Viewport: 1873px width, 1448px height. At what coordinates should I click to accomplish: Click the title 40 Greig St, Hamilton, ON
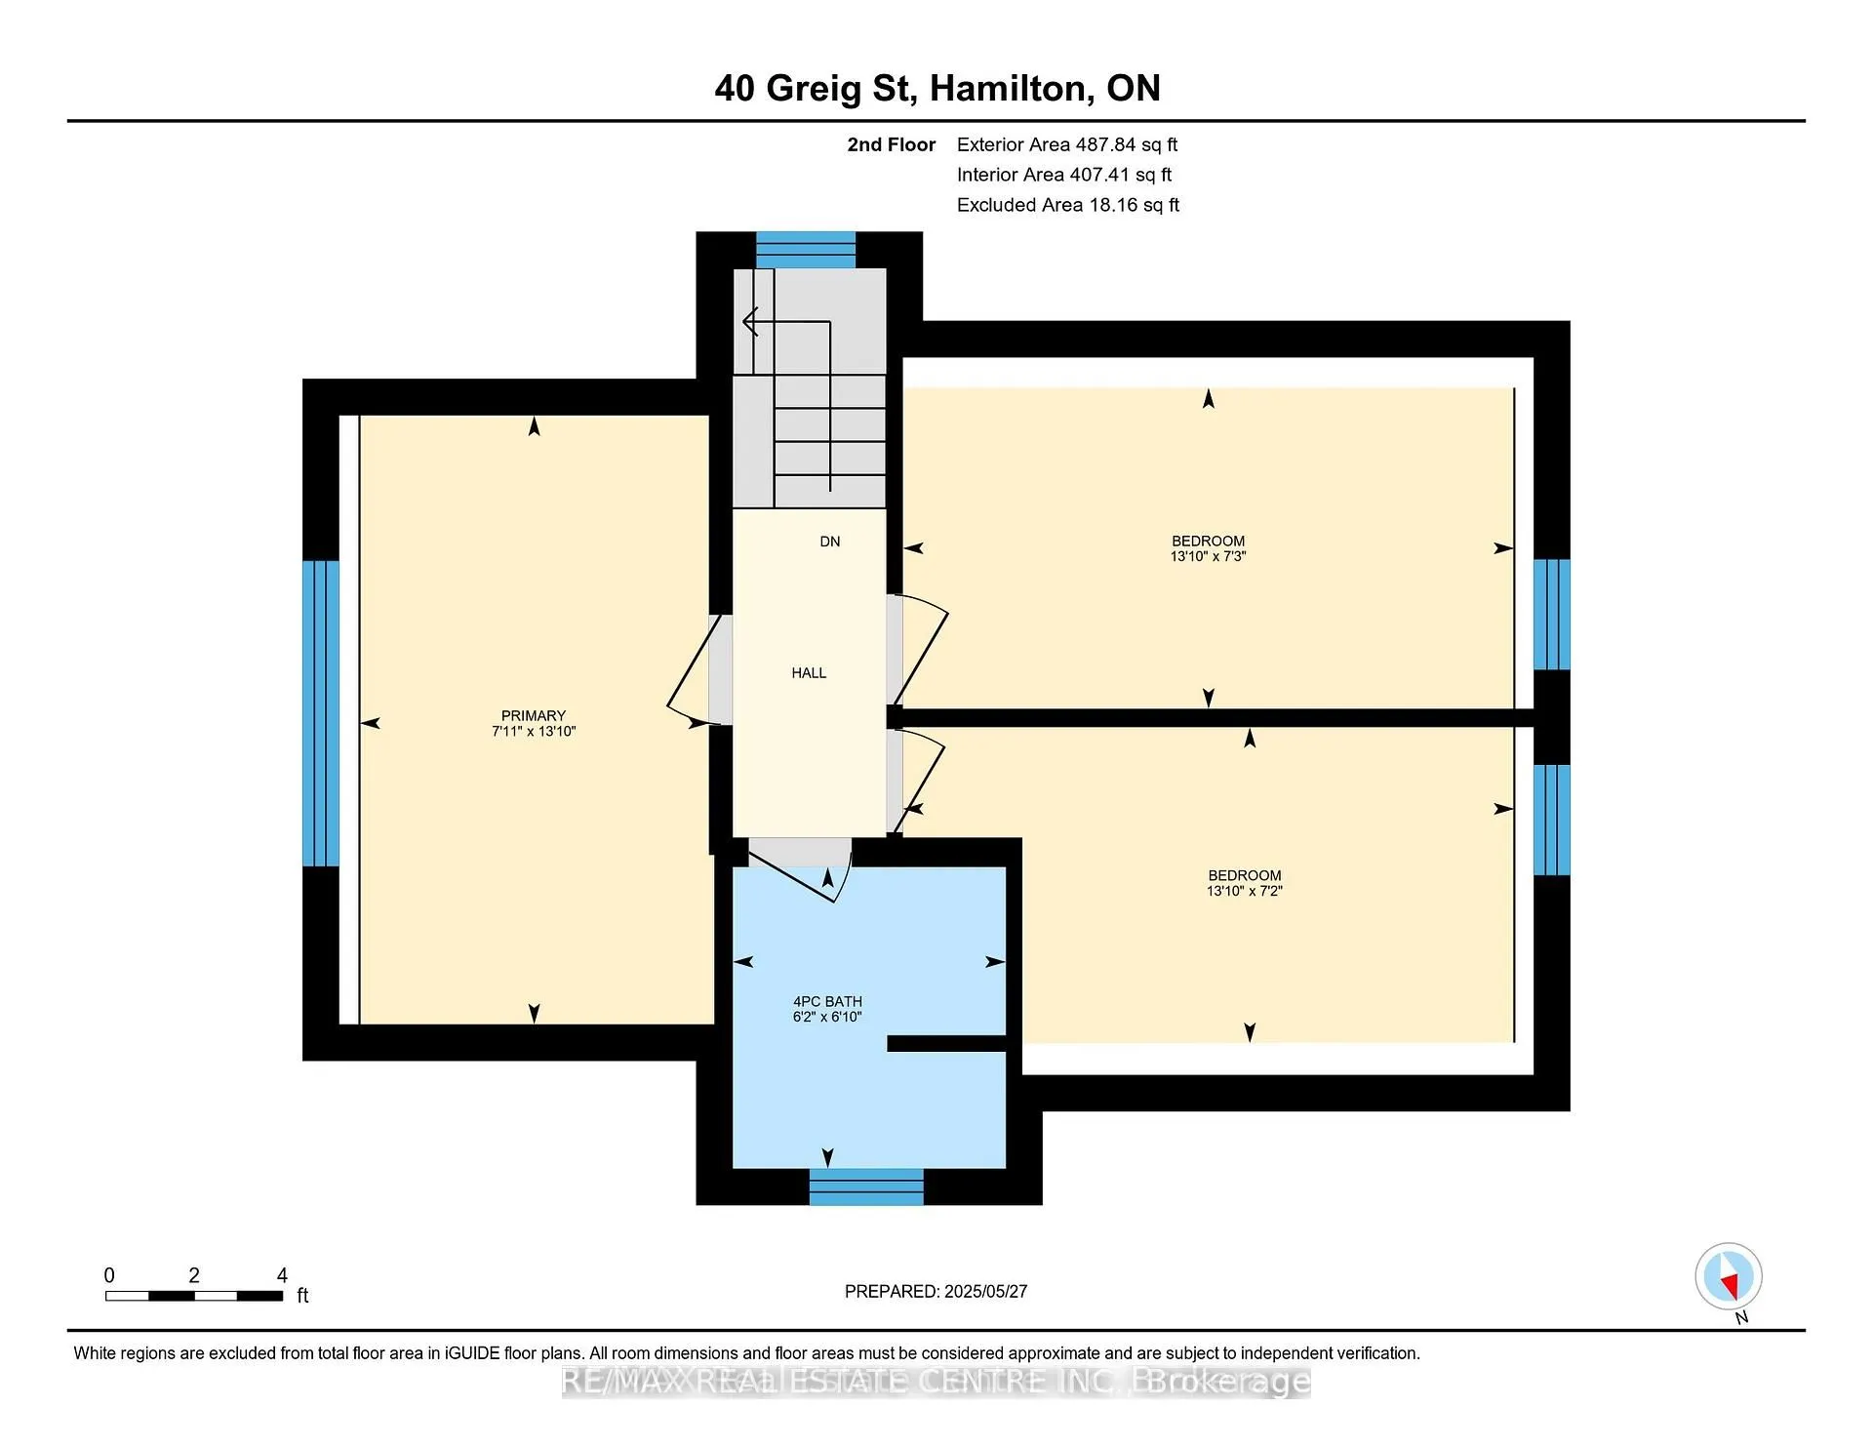(x=937, y=89)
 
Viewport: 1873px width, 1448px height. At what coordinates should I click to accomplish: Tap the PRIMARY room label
(x=534, y=715)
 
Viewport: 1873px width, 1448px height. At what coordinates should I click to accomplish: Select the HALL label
(x=809, y=673)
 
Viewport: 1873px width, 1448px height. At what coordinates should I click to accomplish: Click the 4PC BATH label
(x=827, y=1001)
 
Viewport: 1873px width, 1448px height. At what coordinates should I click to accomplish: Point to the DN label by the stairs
(x=830, y=542)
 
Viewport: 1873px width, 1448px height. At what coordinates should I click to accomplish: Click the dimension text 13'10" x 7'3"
(x=1209, y=556)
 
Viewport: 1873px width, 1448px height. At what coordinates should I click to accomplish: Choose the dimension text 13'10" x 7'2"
(x=1245, y=891)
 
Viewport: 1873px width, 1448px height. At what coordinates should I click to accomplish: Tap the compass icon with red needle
(x=1729, y=1276)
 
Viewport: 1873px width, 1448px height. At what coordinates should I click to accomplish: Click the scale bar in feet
(x=195, y=1296)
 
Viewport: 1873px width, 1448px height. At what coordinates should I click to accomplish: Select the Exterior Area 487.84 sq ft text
(x=1067, y=144)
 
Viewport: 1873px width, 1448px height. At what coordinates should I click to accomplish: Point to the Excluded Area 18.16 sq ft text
(x=1068, y=205)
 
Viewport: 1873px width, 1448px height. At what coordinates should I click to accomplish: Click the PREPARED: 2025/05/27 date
(x=936, y=1291)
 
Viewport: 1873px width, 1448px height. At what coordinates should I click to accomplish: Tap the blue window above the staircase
(x=806, y=250)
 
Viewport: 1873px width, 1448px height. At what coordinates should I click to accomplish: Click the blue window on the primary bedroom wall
(x=321, y=713)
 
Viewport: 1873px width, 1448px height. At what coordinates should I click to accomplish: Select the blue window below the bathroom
(x=866, y=1187)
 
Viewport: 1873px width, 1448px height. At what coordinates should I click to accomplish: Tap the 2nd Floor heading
(x=892, y=144)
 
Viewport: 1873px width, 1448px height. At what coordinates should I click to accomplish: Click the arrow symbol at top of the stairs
(x=750, y=321)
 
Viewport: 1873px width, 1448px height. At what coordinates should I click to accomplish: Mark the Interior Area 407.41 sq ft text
(x=1064, y=175)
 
